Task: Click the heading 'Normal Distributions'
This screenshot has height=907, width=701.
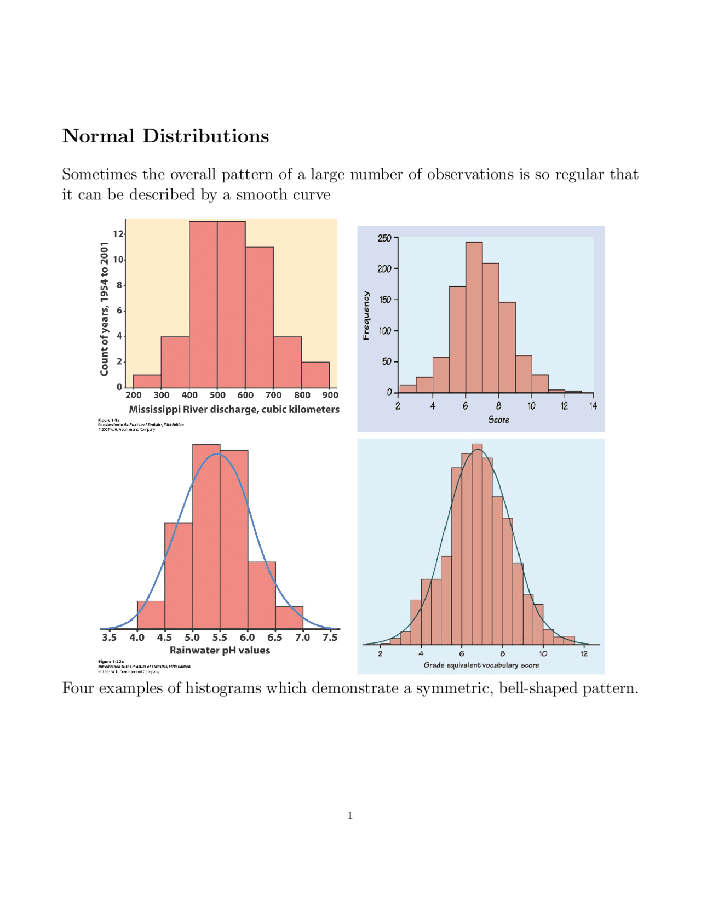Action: click(x=165, y=136)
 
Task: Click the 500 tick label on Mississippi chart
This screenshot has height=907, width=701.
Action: click(x=217, y=395)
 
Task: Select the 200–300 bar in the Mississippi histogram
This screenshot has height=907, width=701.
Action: click(x=147, y=382)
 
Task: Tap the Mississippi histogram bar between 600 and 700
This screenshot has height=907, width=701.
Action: click(x=259, y=318)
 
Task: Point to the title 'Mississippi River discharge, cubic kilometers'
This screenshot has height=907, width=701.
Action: click(x=234, y=410)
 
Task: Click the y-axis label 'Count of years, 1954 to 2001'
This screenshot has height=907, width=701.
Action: click(x=104, y=309)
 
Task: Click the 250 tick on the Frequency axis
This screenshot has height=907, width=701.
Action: click(x=384, y=238)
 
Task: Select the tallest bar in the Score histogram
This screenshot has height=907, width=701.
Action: click(x=474, y=318)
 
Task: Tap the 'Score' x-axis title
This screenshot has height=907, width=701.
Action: click(x=498, y=420)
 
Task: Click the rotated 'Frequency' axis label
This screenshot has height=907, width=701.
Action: click(x=366, y=315)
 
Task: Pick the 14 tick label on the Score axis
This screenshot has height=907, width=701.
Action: click(x=593, y=406)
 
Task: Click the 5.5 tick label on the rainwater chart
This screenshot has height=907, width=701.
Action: click(x=220, y=638)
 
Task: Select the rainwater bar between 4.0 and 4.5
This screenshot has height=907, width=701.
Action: click(x=151, y=615)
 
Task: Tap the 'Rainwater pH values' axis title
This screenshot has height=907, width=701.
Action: click(x=220, y=651)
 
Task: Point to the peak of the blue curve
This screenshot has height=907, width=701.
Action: click(x=217, y=454)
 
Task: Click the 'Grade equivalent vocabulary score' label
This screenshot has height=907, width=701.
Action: click(x=481, y=665)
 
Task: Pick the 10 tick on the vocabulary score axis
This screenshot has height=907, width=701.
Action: click(x=543, y=654)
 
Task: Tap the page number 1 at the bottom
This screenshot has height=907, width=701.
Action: click(x=350, y=816)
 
